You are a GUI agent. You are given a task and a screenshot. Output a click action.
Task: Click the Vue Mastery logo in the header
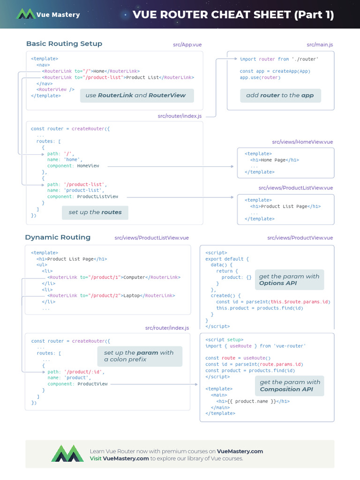click(x=26, y=14)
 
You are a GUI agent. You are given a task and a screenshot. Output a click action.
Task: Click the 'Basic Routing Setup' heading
click(x=64, y=44)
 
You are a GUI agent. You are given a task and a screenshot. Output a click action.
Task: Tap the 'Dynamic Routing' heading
click(x=58, y=237)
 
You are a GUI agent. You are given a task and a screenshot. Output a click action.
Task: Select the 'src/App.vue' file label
click(x=187, y=45)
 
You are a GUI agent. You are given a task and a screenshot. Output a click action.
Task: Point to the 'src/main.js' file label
click(x=320, y=45)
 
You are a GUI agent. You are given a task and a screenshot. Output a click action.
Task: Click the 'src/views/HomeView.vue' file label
click(x=302, y=142)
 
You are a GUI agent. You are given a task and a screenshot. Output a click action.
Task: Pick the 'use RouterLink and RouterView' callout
click(x=135, y=95)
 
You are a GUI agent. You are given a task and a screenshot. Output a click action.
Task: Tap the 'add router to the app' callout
click(x=280, y=95)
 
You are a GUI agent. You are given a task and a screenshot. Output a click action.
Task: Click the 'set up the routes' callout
click(x=95, y=212)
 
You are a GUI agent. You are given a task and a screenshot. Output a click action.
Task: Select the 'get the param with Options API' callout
click(x=289, y=279)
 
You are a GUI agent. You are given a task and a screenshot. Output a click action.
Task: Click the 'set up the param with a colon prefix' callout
click(x=139, y=356)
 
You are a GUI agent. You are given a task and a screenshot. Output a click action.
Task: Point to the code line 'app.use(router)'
click(x=260, y=77)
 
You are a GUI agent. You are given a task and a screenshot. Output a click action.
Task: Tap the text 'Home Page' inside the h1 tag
click(x=273, y=160)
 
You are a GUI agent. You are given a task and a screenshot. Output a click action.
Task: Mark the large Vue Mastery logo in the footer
click(x=67, y=454)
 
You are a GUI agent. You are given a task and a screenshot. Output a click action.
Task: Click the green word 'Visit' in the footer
click(x=96, y=458)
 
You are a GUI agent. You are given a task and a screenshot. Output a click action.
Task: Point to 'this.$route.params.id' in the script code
click(x=306, y=302)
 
